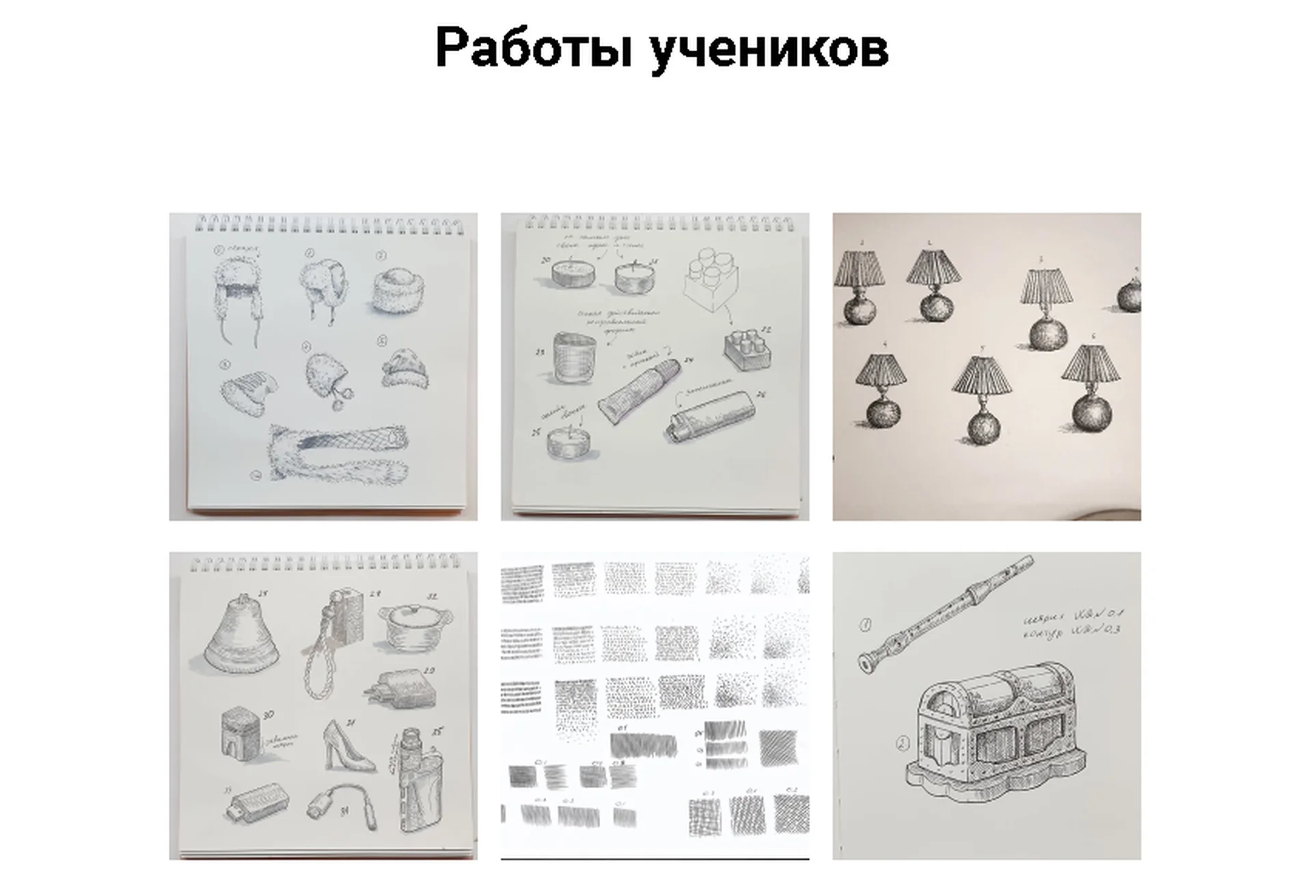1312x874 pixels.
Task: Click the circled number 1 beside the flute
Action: tap(865, 624)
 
